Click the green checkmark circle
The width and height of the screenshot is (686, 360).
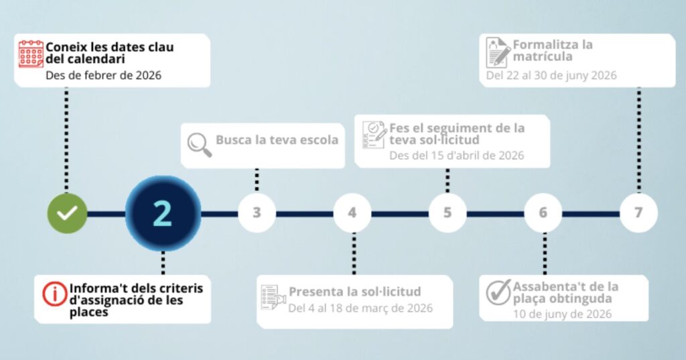pos(67,213)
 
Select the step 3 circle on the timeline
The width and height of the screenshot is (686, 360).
pos(257,213)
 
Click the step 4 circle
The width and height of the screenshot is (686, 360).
pos(352,213)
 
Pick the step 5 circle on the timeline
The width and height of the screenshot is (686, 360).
pos(448,213)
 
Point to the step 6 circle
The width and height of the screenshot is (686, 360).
pos(543,213)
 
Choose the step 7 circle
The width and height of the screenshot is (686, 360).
pos(638,213)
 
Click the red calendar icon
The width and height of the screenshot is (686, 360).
pos(31,54)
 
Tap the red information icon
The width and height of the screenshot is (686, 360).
pos(55,294)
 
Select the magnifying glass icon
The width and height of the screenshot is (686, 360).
pos(200,145)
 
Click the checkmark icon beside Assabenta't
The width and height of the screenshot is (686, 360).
pos(498,292)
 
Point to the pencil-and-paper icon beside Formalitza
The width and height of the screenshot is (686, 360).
pos(498,52)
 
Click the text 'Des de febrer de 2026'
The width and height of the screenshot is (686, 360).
pos(103,75)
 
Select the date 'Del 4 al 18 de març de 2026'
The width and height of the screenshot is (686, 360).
pos(360,308)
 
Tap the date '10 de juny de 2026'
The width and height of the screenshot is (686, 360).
pos(562,314)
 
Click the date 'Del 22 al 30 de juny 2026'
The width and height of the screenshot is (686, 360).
pos(551,75)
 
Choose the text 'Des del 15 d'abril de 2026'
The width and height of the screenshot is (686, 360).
pos(456,156)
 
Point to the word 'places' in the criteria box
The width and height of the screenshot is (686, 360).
pos(89,312)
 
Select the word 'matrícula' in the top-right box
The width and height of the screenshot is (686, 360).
pos(543,56)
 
